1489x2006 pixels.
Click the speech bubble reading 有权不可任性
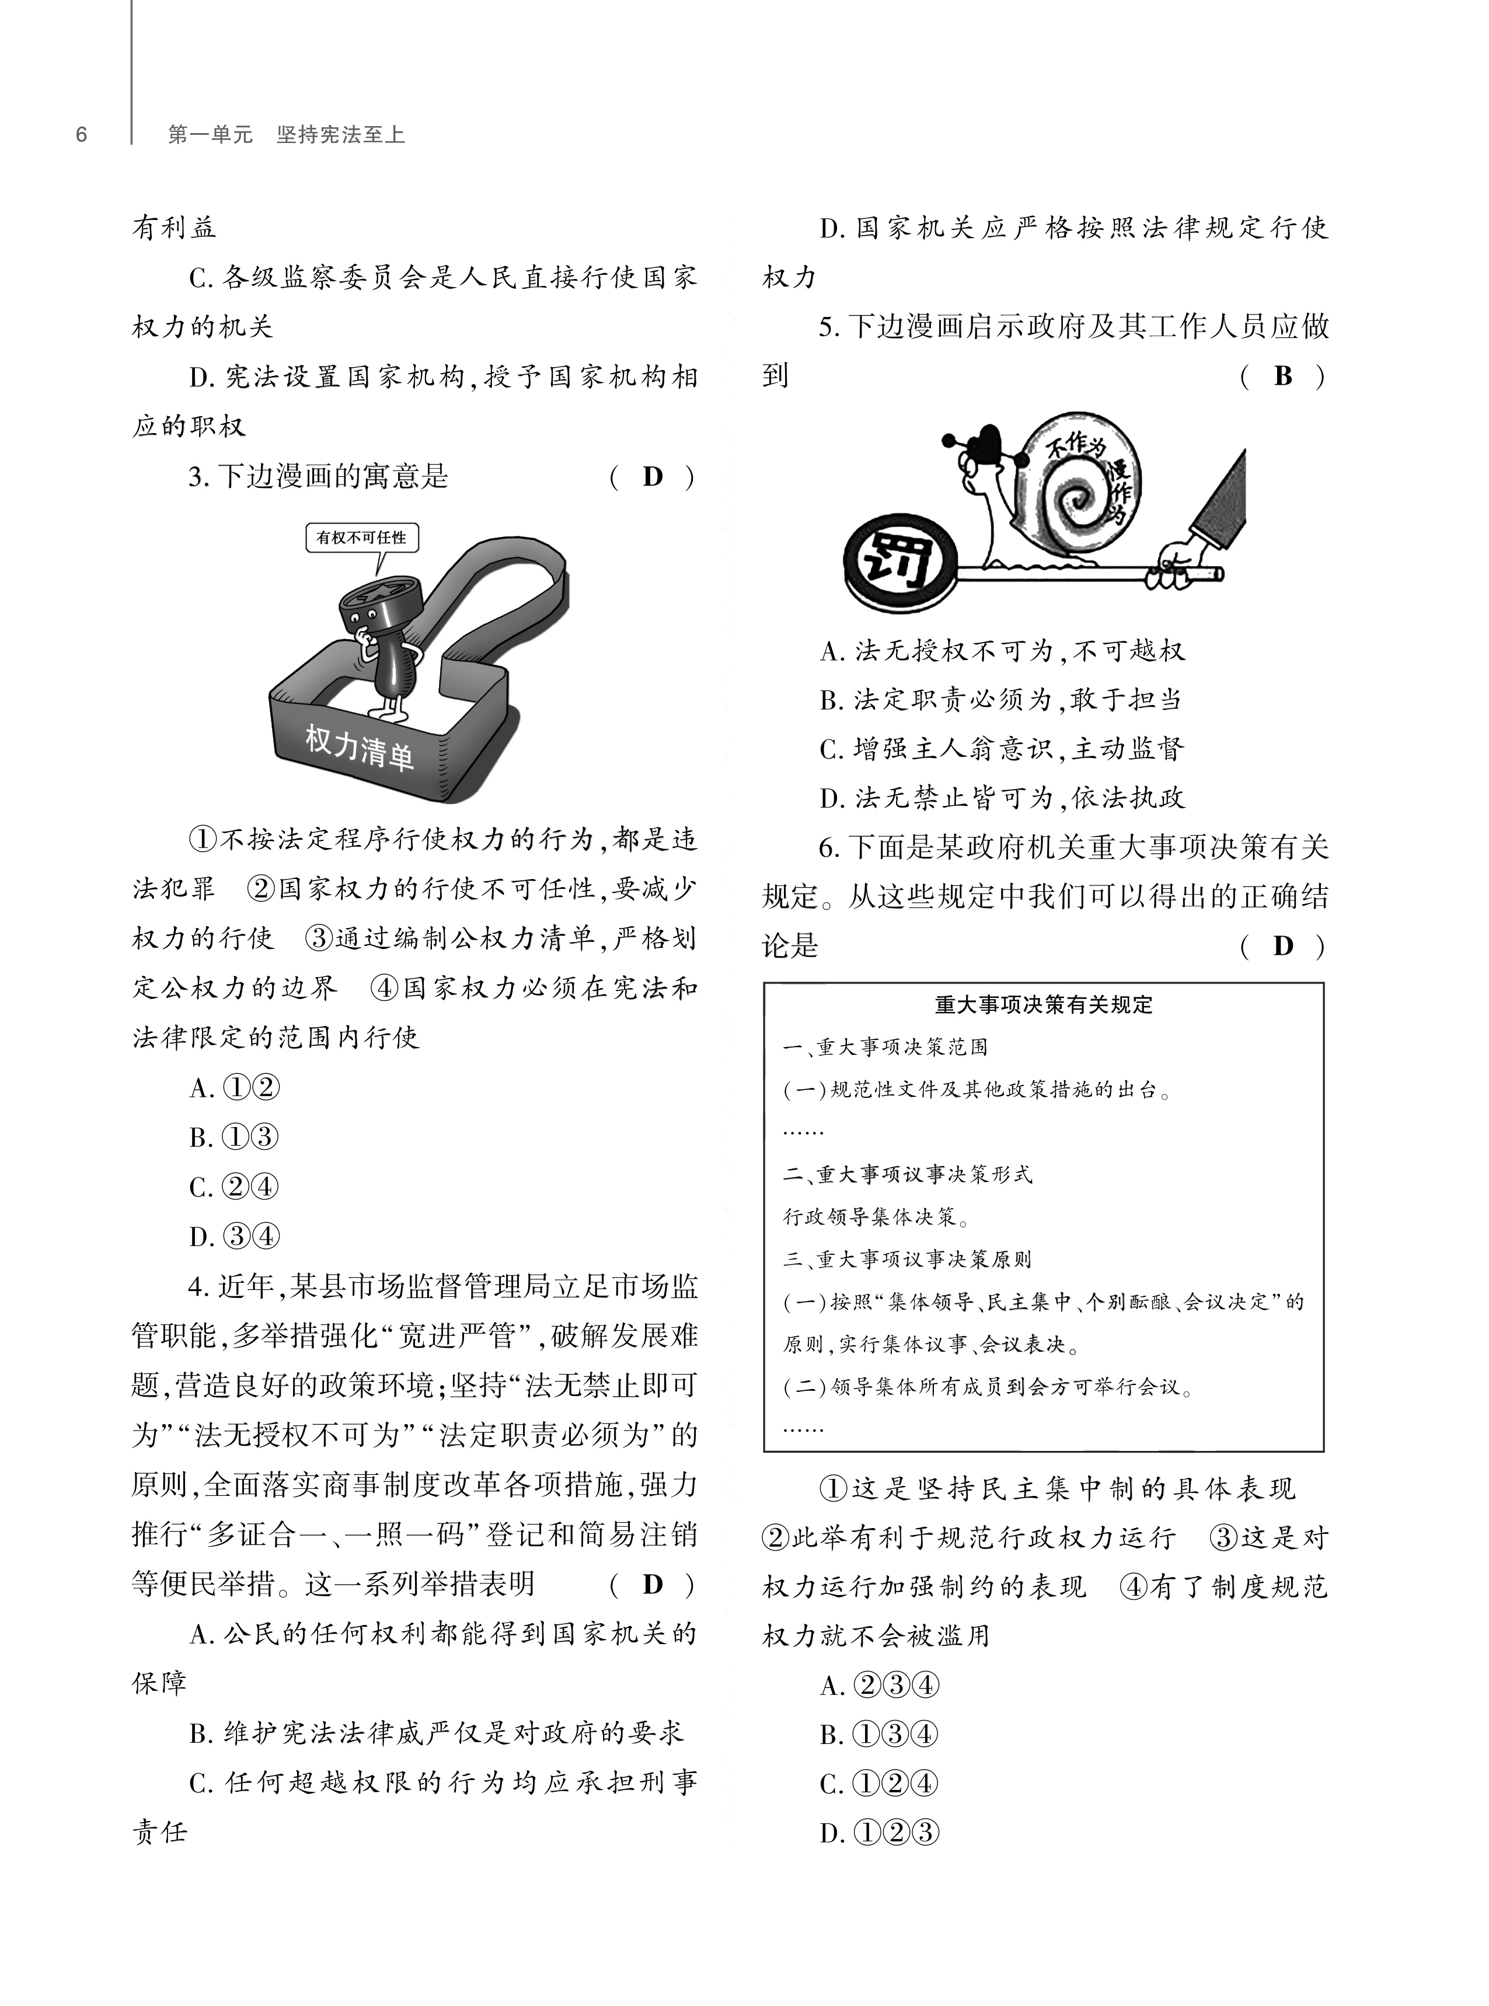click(361, 538)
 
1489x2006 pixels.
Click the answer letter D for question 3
click(653, 477)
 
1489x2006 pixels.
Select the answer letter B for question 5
click(1284, 376)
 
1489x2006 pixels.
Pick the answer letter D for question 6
click(1284, 946)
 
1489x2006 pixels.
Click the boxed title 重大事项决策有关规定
click(1044, 1005)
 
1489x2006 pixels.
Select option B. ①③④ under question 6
click(880, 1735)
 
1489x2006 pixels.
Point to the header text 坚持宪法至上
click(341, 135)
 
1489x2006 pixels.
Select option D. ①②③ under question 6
click(880, 1834)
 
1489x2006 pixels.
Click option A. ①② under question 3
click(234, 1089)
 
